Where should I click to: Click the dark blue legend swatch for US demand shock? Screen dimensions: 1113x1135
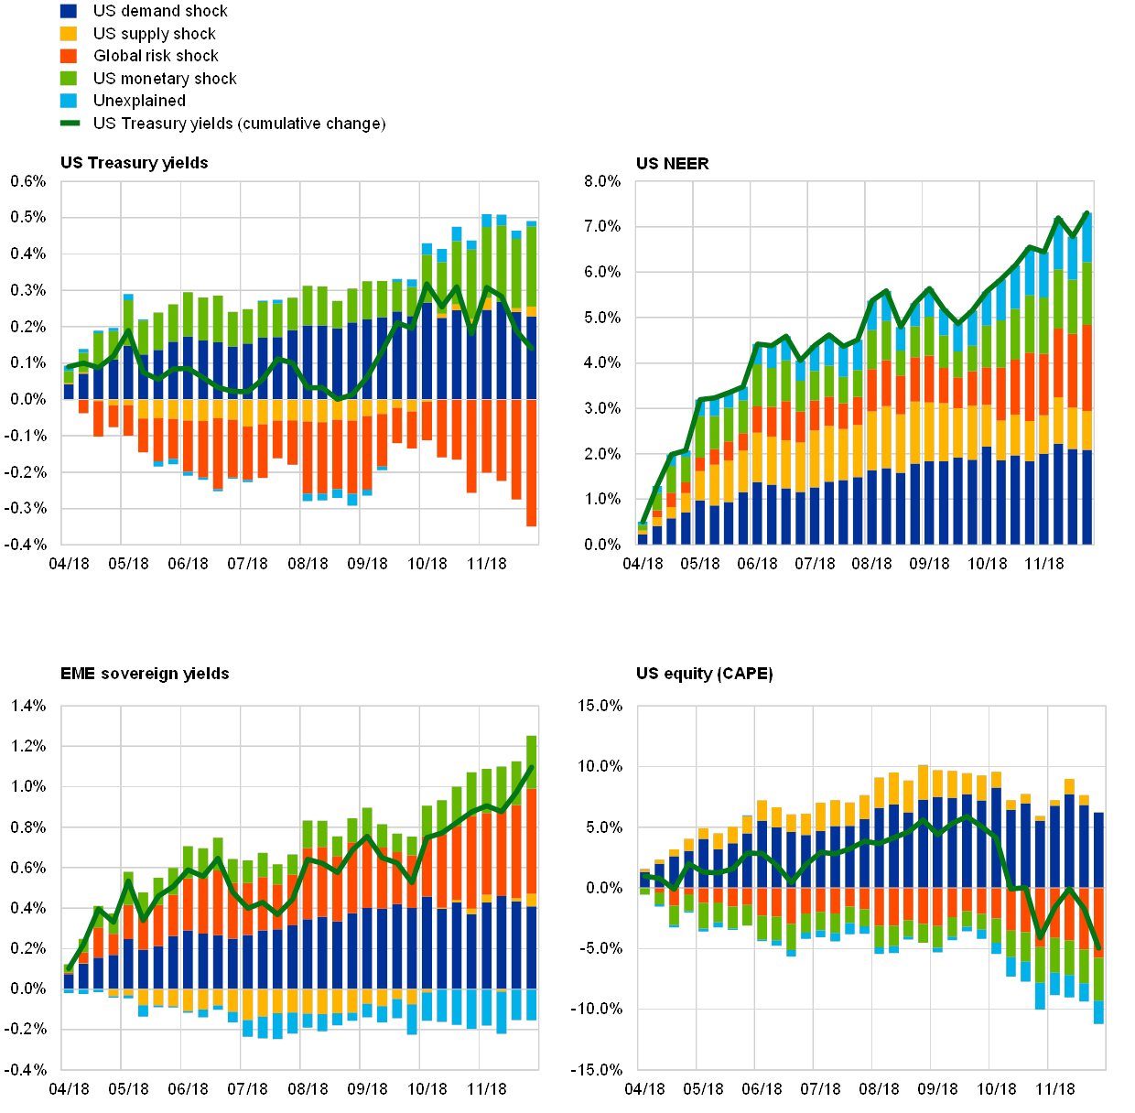68,12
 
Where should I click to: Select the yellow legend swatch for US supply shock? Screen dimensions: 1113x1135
68,34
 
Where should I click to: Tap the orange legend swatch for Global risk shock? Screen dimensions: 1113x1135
68,56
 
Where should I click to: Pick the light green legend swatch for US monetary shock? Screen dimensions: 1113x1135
68,79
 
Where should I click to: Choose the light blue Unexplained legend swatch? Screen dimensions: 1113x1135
68,101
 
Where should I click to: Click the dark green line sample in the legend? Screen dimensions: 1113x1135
69,124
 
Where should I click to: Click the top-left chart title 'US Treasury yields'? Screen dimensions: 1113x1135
135,163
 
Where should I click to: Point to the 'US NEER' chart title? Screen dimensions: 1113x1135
674,164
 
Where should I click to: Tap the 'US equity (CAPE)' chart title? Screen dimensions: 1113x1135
705,675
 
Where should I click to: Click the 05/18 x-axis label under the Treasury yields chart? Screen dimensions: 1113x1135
128,564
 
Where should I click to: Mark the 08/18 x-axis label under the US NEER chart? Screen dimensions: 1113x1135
870,564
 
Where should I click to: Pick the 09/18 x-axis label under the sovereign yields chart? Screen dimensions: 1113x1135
366,1089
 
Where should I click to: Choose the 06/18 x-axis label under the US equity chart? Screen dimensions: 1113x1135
762,1089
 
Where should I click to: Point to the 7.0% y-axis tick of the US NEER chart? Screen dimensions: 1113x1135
604,227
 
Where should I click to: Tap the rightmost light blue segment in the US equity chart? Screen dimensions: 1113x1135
1098,1012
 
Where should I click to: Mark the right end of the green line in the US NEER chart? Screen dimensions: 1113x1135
1087,212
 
